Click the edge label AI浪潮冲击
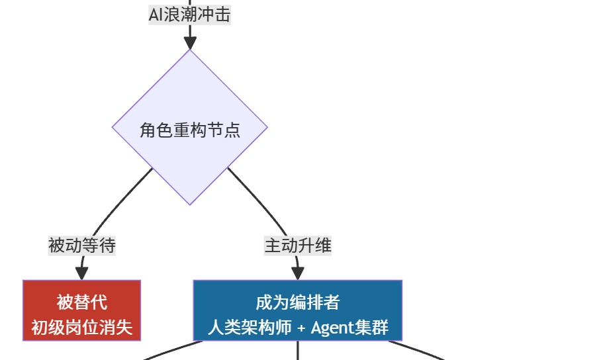[x=190, y=15]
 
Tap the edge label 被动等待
[x=82, y=246]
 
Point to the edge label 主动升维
[x=298, y=246]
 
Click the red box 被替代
[x=82, y=310]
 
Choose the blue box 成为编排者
[x=298, y=310]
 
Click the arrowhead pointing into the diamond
[x=190, y=42]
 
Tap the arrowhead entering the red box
[x=82, y=273]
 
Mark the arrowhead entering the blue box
[x=298, y=273]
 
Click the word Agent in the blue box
[x=332, y=328]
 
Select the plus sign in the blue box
[x=301, y=328]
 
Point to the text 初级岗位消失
[x=82, y=327]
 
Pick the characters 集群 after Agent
[x=372, y=328]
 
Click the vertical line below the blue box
[x=298, y=351]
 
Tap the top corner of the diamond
[x=190, y=51]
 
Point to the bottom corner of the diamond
[x=190, y=204]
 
